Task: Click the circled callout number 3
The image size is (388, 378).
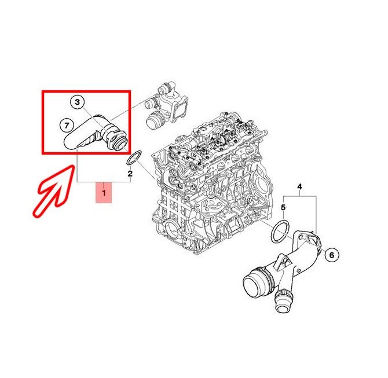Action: pyautogui.click(x=78, y=102)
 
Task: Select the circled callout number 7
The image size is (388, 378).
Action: pyautogui.click(x=67, y=126)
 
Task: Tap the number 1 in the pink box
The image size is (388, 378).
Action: pyautogui.click(x=104, y=192)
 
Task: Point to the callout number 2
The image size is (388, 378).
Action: pyautogui.click(x=130, y=174)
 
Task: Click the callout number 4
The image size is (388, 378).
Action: pyautogui.click(x=299, y=186)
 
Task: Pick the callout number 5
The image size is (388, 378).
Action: pyautogui.click(x=283, y=207)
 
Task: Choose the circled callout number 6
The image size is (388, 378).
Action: pyautogui.click(x=332, y=255)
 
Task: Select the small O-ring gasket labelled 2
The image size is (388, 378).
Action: pyautogui.click(x=134, y=157)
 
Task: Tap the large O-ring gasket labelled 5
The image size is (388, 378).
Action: pyautogui.click(x=280, y=232)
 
